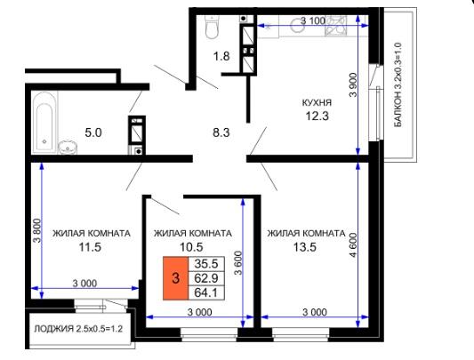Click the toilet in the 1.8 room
pyautogui.click(x=212, y=27)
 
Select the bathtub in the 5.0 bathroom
pyautogui.click(x=44, y=122)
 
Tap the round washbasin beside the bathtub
pyautogui.click(x=68, y=148)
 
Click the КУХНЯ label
pyautogui.click(x=317, y=102)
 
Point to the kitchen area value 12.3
pyautogui.click(x=317, y=116)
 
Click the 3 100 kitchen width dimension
pyautogui.click(x=313, y=20)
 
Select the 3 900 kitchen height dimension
pyautogui.click(x=353, y=84)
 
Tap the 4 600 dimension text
pyautogui.click(x=353, y=244)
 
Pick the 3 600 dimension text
pyautogui.click(x=238, y=263)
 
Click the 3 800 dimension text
pyautogui.click(x=36, y=231)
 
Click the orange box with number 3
pyautogui.click(x=175, y=278)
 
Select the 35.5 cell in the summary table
pyautogui.click(x=206, y=264)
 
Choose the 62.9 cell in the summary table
pyautogui.click(x=206, y=278)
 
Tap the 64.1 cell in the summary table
pyautogui.click(x=206, y=292)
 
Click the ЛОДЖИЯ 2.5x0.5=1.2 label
pyautogui.click(x=78, y=329)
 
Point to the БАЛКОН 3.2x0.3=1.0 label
pyautogui.click(x=398, y=85)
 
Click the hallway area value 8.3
pyautogui.click(x=221, y=132)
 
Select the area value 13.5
pyautogui.click(x=305, y=247)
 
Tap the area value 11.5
pyautogui.click(x=90, y=247)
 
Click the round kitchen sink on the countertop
pyautogui.click(x=296, y=25)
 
